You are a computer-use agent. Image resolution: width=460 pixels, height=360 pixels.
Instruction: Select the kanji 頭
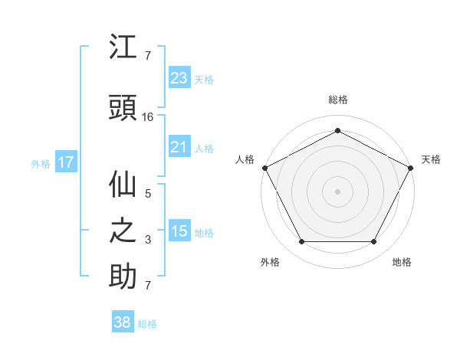(x=123, y=107)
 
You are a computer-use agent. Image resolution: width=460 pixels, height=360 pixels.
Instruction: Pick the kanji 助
(x=123, y=277)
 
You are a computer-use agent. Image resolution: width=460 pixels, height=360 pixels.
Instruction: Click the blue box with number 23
(x=179, y=77)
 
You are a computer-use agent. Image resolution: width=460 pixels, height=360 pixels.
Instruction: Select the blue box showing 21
(x=179, y=147)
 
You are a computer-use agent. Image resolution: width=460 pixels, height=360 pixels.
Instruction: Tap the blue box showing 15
(x=179, y=231)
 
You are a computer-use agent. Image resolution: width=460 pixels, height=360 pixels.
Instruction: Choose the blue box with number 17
(x=66, y=162)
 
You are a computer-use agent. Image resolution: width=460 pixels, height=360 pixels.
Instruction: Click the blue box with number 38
(x=123, y=322)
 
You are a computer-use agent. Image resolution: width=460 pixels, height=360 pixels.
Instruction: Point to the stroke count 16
(x=148, y=117)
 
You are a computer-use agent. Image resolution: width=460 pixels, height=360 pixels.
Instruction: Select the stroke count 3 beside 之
(x=148, y=240)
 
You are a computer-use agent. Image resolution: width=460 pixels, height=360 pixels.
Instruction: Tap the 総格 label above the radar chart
(x=337, y=100)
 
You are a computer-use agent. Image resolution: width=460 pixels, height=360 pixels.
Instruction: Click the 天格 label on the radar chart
(x=431, y=159)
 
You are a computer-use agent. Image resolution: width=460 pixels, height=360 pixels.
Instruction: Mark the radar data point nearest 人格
(x=264, y=167)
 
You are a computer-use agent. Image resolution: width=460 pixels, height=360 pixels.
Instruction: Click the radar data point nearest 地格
(x=374, y=242)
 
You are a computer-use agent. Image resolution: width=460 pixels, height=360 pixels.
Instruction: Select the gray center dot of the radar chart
(x=337, y=191)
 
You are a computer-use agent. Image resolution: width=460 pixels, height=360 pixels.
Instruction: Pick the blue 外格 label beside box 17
(x=40, y=163)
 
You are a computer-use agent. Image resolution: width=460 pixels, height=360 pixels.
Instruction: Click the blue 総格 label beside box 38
(x=147, y=324)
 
